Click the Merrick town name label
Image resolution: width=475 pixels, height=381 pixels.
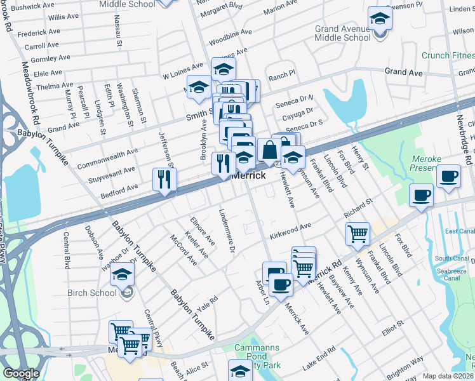pyautogui.click(x=248, y=175)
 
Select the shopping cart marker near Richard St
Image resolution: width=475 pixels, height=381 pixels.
pyautogui.click(x=358, y=233)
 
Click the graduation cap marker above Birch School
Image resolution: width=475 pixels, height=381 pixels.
pyautogui.click(x=121, y=274)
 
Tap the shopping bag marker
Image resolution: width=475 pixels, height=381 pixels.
pyautogui.click(x=269, y=150)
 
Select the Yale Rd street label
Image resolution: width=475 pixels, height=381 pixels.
pyautogui.click(x=206, y=303)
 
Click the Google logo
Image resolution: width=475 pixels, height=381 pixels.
pyautogui.click(x=21, y=373)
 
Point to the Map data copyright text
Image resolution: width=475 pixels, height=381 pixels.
pyautogui.click(x=448, y=376)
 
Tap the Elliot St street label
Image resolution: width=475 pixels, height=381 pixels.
pyautogui.click(x=392, y=325)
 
